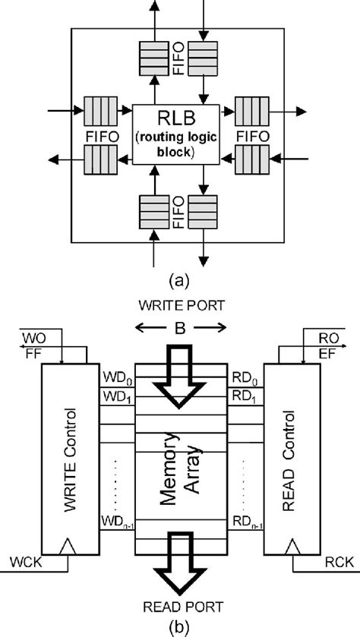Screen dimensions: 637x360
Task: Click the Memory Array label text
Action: (x=180, y=464)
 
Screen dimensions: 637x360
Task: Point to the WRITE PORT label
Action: (x=180, y=308)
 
